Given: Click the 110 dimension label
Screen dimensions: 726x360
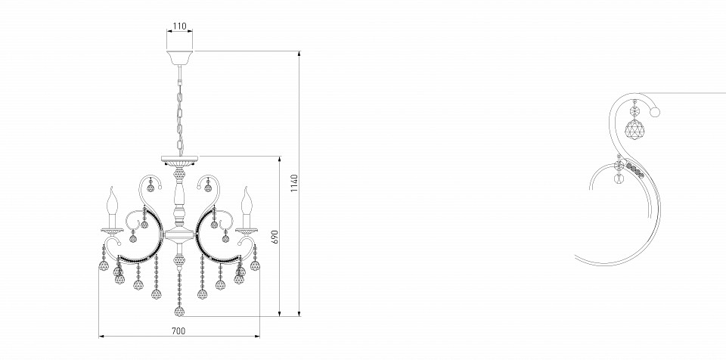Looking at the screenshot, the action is click(179, 26).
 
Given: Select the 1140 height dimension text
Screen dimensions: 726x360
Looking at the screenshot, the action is click(295, 184).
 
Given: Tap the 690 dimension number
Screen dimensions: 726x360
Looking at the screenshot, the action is click(275, 237).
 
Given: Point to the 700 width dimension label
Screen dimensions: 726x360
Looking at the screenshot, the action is click(178, 331).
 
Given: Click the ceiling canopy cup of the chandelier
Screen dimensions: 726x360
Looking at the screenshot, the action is click(180, 57).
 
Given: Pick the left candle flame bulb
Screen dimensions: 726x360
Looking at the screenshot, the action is click(112, 201).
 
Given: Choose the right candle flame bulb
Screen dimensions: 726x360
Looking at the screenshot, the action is click(247, 201).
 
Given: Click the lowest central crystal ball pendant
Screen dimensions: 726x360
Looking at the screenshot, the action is click(179, 312).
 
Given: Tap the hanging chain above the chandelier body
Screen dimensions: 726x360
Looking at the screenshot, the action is click(179, 110).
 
